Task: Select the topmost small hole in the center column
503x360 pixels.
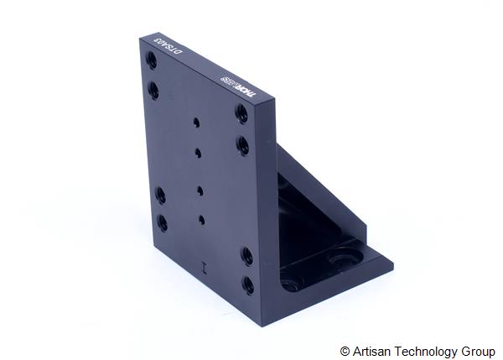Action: click(x=195, y=121)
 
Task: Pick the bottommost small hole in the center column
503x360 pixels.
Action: click(x=202, y=219)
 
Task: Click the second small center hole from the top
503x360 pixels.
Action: click(x=198, y=152)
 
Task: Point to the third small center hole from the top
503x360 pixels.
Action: click(x=200, y=188)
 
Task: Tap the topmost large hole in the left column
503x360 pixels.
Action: click(x=151, y=60)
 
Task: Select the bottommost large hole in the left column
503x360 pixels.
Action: click(x=162, y=222)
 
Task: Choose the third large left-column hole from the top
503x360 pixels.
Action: click(x=159, y=196)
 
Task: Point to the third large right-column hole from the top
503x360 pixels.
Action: click(x=247, y=254)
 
